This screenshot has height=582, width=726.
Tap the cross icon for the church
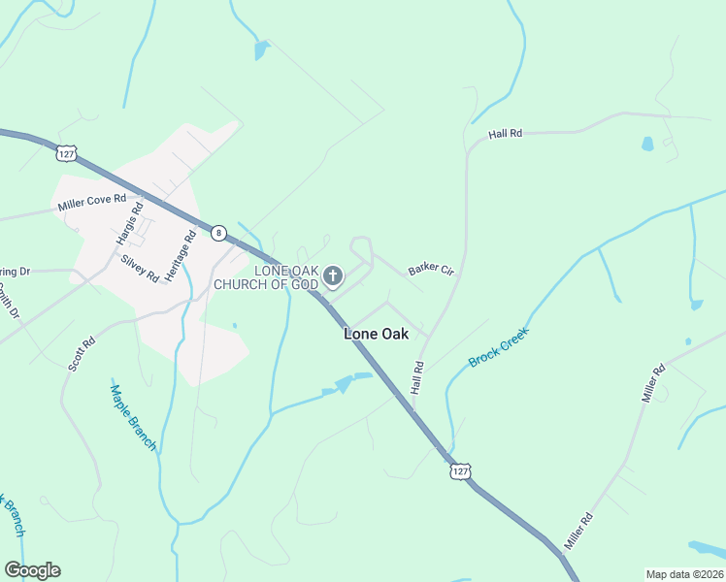coord(333,277)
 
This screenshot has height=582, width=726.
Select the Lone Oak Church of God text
coord(266,277)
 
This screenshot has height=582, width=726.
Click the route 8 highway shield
coord(219,233)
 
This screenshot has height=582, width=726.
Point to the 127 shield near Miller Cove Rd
coord(66,153)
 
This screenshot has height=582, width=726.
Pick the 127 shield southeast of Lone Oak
coord(461,470)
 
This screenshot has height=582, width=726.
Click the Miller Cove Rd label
coord(92,203)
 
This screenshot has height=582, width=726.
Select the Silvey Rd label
coord(140,268)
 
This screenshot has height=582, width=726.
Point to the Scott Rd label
coord(82,354)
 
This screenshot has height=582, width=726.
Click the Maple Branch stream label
coord(133,417)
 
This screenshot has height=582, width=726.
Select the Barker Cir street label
coord(431,269)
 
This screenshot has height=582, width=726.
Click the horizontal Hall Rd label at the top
coord(506,134)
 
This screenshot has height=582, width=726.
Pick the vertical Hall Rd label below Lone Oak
coord(418,377)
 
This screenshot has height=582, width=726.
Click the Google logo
coord(32,570)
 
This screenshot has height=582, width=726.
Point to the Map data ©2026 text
coord(683,574)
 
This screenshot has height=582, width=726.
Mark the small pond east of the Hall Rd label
coord(647,144)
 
